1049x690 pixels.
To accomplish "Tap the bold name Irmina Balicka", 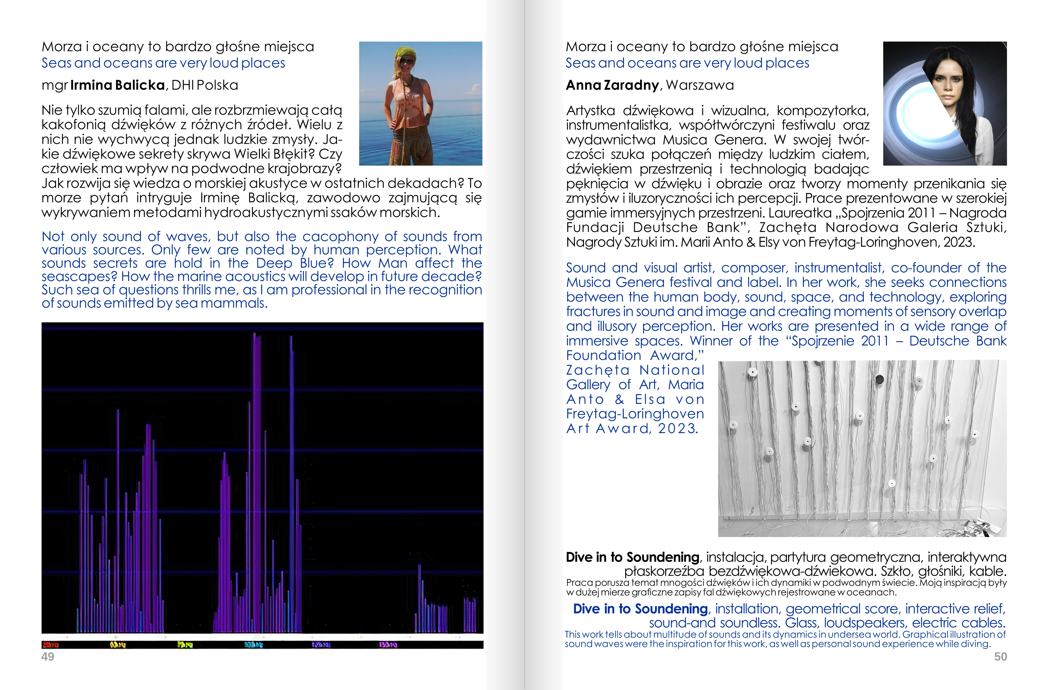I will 117,85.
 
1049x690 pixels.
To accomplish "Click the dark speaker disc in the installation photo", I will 879,379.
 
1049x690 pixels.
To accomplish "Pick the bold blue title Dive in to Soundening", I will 640,609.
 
